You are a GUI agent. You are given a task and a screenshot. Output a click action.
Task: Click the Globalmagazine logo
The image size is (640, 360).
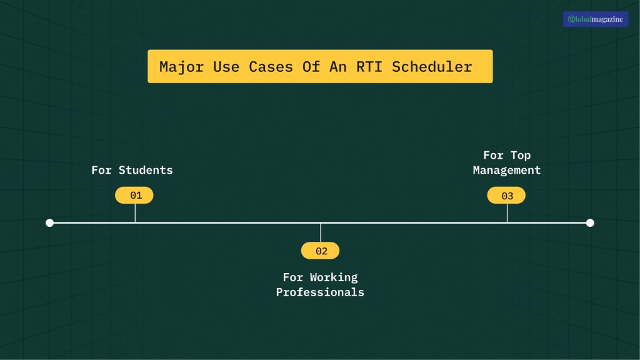(x=596, y=19)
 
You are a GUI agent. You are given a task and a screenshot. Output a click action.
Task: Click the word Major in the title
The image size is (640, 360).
(x=182, y=67)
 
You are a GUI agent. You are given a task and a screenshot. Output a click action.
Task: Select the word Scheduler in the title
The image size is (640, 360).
(x=432, y=67)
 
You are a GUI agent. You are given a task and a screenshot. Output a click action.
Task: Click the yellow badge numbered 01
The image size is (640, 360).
(x=134, y=196)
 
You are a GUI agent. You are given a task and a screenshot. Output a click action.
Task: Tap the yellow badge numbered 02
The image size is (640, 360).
(x=320, y=251)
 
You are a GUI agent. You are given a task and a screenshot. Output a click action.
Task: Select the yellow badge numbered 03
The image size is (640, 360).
(x=506, y=196)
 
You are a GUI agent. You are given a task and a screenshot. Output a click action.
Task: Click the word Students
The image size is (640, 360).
(x=146, y=170)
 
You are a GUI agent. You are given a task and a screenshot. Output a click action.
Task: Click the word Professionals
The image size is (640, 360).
(x=320, y=292)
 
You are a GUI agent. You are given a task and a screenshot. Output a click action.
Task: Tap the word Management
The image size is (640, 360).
(x=507, y=170)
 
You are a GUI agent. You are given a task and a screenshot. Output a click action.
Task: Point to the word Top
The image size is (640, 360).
(x=521, y=155)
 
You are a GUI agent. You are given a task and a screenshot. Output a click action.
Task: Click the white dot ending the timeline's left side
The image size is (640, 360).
(x=50, y=222)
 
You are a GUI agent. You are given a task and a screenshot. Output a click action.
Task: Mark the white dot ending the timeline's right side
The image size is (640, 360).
(x=590, y=222)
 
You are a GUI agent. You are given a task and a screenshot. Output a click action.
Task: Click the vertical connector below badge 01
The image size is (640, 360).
(x=135, y=213)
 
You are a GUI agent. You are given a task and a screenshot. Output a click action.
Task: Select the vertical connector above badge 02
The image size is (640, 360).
(x=321, y=232)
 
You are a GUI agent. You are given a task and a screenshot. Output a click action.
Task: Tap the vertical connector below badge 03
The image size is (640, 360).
(x=507, y=213)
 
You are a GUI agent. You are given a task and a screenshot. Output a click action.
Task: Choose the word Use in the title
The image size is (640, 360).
(x=226, y=67)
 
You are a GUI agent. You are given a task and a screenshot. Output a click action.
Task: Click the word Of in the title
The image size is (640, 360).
(x=311, y=67)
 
